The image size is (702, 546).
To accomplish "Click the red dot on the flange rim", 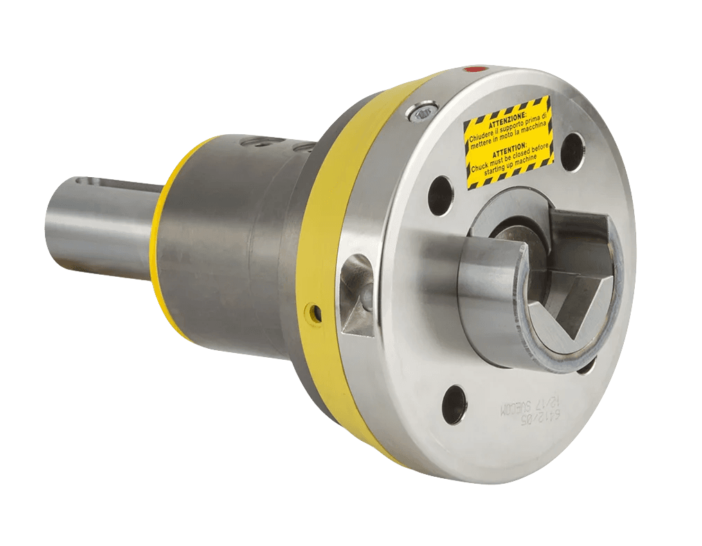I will pyautogui.click(x=474, y=70).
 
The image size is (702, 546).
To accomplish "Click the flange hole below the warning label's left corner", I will pyautogui.click(x=440, y=195).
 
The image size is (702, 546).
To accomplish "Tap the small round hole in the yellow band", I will pyautogui.click(x=316, y=313).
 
